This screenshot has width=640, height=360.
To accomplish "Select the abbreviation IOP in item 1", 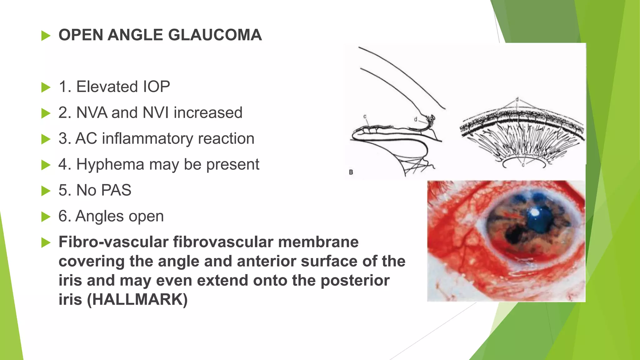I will (x=156, y=87).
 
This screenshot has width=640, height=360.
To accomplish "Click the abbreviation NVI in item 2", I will (x=156, y=113).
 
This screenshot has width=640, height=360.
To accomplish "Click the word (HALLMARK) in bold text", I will (x=137, y=299).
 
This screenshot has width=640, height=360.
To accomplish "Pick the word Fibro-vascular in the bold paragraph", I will (x=113, y=242).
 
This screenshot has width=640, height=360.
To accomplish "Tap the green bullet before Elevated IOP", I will (x=46, y=87).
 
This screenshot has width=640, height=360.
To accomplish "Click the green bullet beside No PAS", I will (x=46, y=191).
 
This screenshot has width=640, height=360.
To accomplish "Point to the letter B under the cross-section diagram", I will (x=351, y=172).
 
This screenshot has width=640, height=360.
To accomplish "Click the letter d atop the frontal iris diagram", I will (x=517, y=99).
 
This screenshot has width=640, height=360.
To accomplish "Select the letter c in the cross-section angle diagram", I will (x=365, y=117).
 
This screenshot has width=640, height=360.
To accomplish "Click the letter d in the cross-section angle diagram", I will (x=416, y=119).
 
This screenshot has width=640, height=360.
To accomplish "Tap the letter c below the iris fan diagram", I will (x=523, y=165).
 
